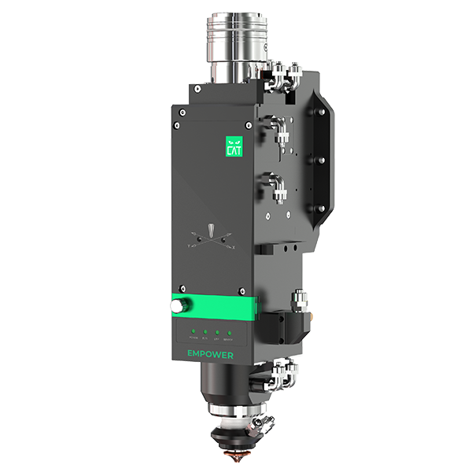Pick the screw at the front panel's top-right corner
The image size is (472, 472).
249,125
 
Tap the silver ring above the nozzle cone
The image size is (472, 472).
234,415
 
